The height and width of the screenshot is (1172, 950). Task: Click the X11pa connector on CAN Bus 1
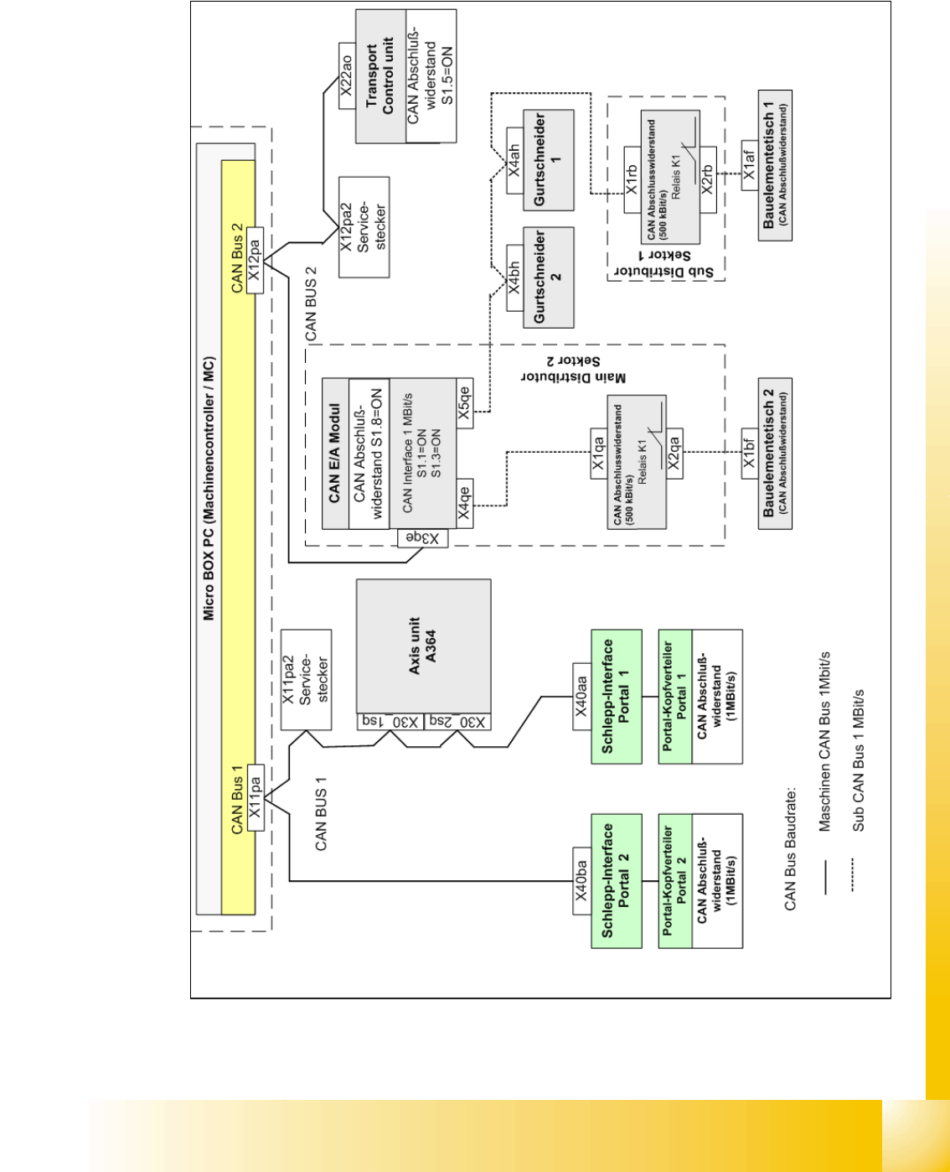[x=256, y=797]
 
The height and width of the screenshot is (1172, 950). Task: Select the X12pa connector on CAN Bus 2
[x=256, y=261]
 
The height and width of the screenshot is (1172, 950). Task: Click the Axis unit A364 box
[x=424, y=646]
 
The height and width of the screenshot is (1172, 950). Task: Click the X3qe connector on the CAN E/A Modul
[x=423, y=538]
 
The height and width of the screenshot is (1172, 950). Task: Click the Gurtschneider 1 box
[x=548, y=160]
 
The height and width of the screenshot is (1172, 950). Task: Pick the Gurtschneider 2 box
[x=548, y=277]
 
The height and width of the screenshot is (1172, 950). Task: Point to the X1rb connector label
[x=632, y=179]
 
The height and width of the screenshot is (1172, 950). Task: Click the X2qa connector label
[x=674, y=454]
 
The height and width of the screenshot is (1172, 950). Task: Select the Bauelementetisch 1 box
[x=775, y=165]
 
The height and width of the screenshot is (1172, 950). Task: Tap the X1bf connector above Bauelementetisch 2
[x=750, y=454]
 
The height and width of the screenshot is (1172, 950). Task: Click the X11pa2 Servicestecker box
[x=307, y=680]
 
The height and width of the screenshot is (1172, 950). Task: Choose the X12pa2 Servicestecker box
[x=364, y=227]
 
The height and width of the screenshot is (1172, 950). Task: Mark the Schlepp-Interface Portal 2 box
[x=617, y=881]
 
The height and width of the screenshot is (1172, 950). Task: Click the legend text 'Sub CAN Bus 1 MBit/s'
[x=859, y=761]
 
